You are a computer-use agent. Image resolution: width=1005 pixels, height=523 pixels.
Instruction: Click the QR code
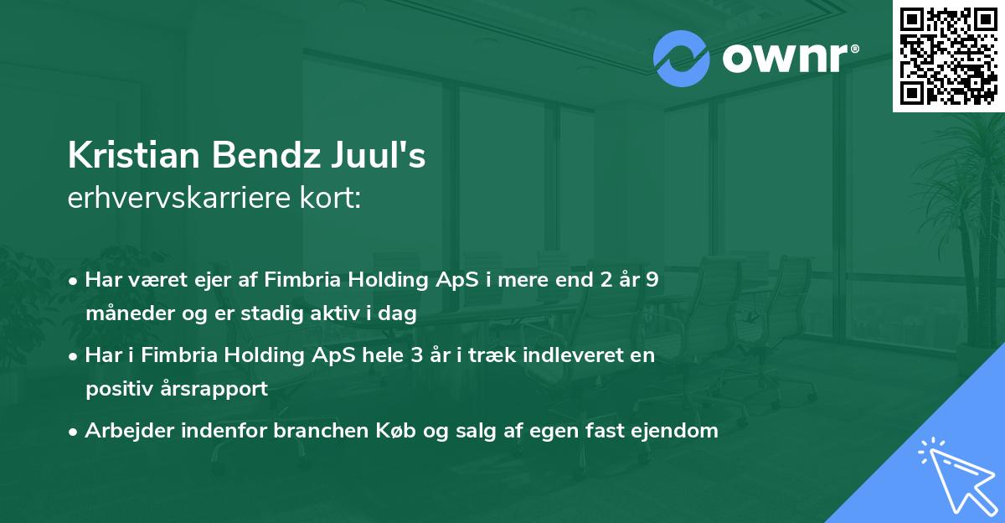click(948, 55)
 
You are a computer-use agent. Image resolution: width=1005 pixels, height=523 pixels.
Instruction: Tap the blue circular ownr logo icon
click(682, 59)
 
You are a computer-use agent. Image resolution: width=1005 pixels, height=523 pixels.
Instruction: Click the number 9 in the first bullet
click(652, 280)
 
